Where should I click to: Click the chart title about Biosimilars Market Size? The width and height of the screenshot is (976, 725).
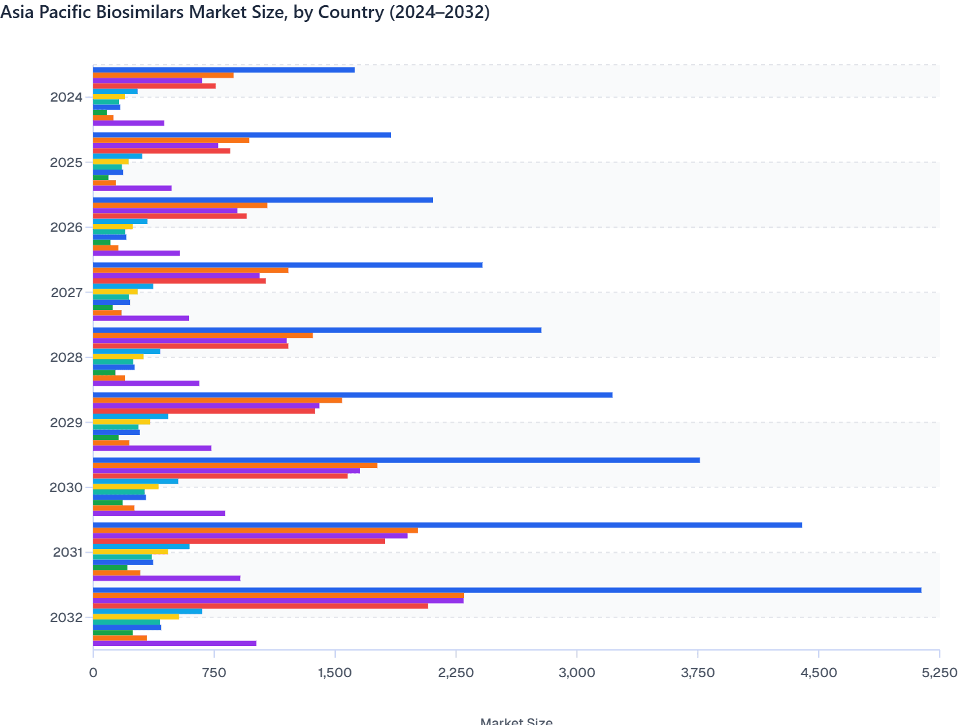point(245,12)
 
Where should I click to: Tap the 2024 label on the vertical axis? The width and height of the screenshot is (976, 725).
point(66,98)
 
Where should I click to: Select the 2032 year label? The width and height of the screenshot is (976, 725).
point(66,618)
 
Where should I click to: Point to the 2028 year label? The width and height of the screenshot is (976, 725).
point(66,357)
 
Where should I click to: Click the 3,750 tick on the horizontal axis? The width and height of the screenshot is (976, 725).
point(698,673)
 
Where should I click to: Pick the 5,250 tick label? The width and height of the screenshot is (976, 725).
point(939,673)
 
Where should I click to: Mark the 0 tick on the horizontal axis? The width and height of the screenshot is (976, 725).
point(93,673)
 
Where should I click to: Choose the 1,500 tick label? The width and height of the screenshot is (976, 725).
point(335,673)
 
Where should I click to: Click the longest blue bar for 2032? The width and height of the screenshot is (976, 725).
point(507,590)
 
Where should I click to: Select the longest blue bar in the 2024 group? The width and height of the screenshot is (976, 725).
point(223,70)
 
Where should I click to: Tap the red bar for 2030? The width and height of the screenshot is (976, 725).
point(220,476)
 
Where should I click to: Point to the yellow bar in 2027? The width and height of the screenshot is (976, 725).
point(115,292)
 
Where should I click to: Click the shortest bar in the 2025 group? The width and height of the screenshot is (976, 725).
point(100,177)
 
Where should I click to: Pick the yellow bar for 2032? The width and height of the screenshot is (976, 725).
point(136,617)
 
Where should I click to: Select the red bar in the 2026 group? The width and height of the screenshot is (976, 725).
point(170,216)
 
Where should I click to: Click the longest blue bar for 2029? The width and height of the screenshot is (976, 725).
point(353,395)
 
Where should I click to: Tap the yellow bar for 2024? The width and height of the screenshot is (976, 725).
point(109,96)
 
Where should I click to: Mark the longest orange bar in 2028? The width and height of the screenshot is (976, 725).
point(203,335)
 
